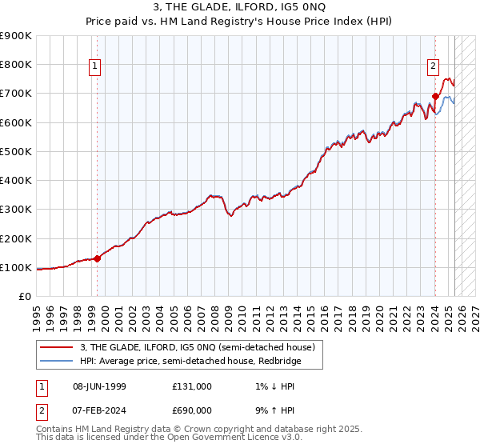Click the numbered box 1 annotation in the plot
[95, 67]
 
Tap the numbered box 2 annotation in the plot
[433, 67]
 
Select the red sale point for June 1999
[98, 258]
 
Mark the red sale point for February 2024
[435, 96]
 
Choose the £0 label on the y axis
[24, 297]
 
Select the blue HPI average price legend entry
[200, 362]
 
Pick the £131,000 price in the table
[191, 386]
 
